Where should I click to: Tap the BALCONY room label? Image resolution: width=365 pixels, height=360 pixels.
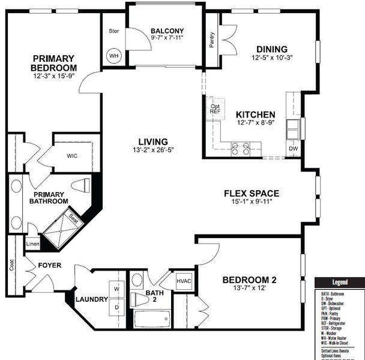point(167,31)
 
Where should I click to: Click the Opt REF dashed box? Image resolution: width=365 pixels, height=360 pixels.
point(216,109)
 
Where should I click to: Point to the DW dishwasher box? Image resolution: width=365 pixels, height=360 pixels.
point(293,148)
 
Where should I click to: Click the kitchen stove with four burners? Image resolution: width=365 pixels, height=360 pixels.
point(240,148)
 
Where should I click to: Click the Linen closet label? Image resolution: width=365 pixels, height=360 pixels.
point(33,244)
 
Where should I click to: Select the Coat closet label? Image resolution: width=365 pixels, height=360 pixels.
point(13,264)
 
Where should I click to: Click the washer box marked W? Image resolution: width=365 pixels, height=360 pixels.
point(117,289)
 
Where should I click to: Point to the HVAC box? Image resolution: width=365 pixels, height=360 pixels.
point(184,281)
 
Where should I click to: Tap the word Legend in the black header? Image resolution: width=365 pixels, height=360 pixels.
point(340,283)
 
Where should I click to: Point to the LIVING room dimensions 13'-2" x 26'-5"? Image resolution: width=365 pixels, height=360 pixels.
point(154,150)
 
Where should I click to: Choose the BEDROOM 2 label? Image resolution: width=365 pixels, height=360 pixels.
point(249,280)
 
